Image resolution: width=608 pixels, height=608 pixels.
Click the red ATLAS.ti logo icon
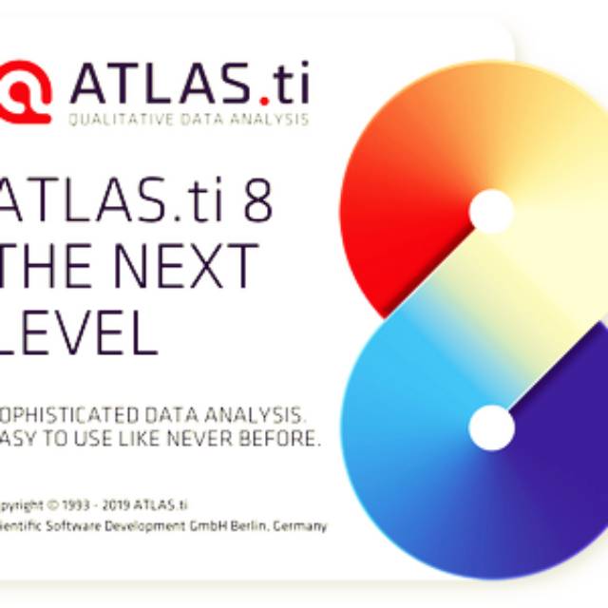(x=25, y=91)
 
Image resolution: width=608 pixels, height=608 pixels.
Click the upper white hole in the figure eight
(x=490, y=212)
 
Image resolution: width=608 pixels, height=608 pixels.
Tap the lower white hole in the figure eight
(x=492, y=427)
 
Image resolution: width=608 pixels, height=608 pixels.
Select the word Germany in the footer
(x=301, y=525)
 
